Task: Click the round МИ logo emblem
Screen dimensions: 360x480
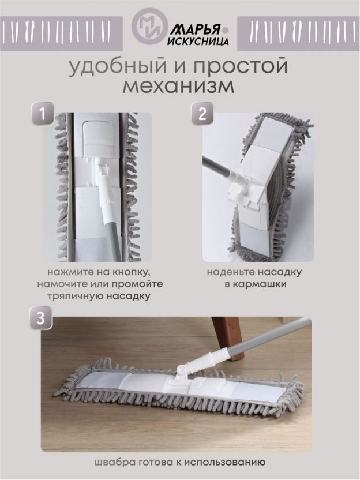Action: click(x=149, y=26)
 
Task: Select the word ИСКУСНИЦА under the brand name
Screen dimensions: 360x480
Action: click(x=198, y=41)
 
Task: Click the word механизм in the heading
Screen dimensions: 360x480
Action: click(x=178, y=87)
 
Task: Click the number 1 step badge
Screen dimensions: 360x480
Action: click(x=43, y=114)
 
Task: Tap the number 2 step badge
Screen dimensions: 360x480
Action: click(x=202, y=114)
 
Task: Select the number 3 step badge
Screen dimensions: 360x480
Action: click(x=40, y=318)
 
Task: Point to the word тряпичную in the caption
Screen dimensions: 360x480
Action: click(x=76, y=296)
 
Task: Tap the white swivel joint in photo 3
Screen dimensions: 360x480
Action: click(x=183, y=370)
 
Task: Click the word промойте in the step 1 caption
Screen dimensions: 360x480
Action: click(x=137, y=284)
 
